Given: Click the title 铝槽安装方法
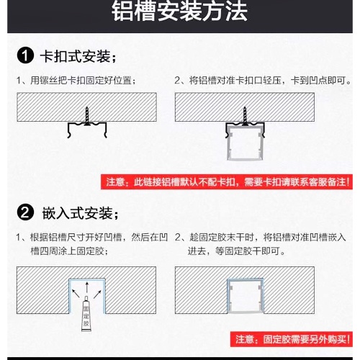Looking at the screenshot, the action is tap(179, 12).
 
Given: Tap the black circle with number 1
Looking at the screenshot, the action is tap(25, 55).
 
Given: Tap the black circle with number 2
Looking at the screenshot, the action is tap(25, 212).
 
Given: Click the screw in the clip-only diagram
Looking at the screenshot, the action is tap(87, 116).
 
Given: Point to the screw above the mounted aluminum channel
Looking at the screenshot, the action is tap(245, 116).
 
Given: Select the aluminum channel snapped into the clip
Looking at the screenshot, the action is tap(245, 143).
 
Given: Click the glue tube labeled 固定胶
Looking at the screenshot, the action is tap(86, 314).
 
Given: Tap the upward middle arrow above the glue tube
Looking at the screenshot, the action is tap(87, 287).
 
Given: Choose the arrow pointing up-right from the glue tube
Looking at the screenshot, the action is tap(97, 294).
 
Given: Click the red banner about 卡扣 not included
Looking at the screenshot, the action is tap(227, 181).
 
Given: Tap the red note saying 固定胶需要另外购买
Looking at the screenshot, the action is tap(292, 339).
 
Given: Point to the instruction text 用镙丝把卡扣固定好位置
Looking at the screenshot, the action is tap(76, 81).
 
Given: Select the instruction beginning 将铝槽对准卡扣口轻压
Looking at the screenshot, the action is tap(263, 81).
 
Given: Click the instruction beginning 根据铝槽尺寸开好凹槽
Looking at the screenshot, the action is tap(92, 244).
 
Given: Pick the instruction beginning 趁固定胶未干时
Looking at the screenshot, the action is tap(261, 244).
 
